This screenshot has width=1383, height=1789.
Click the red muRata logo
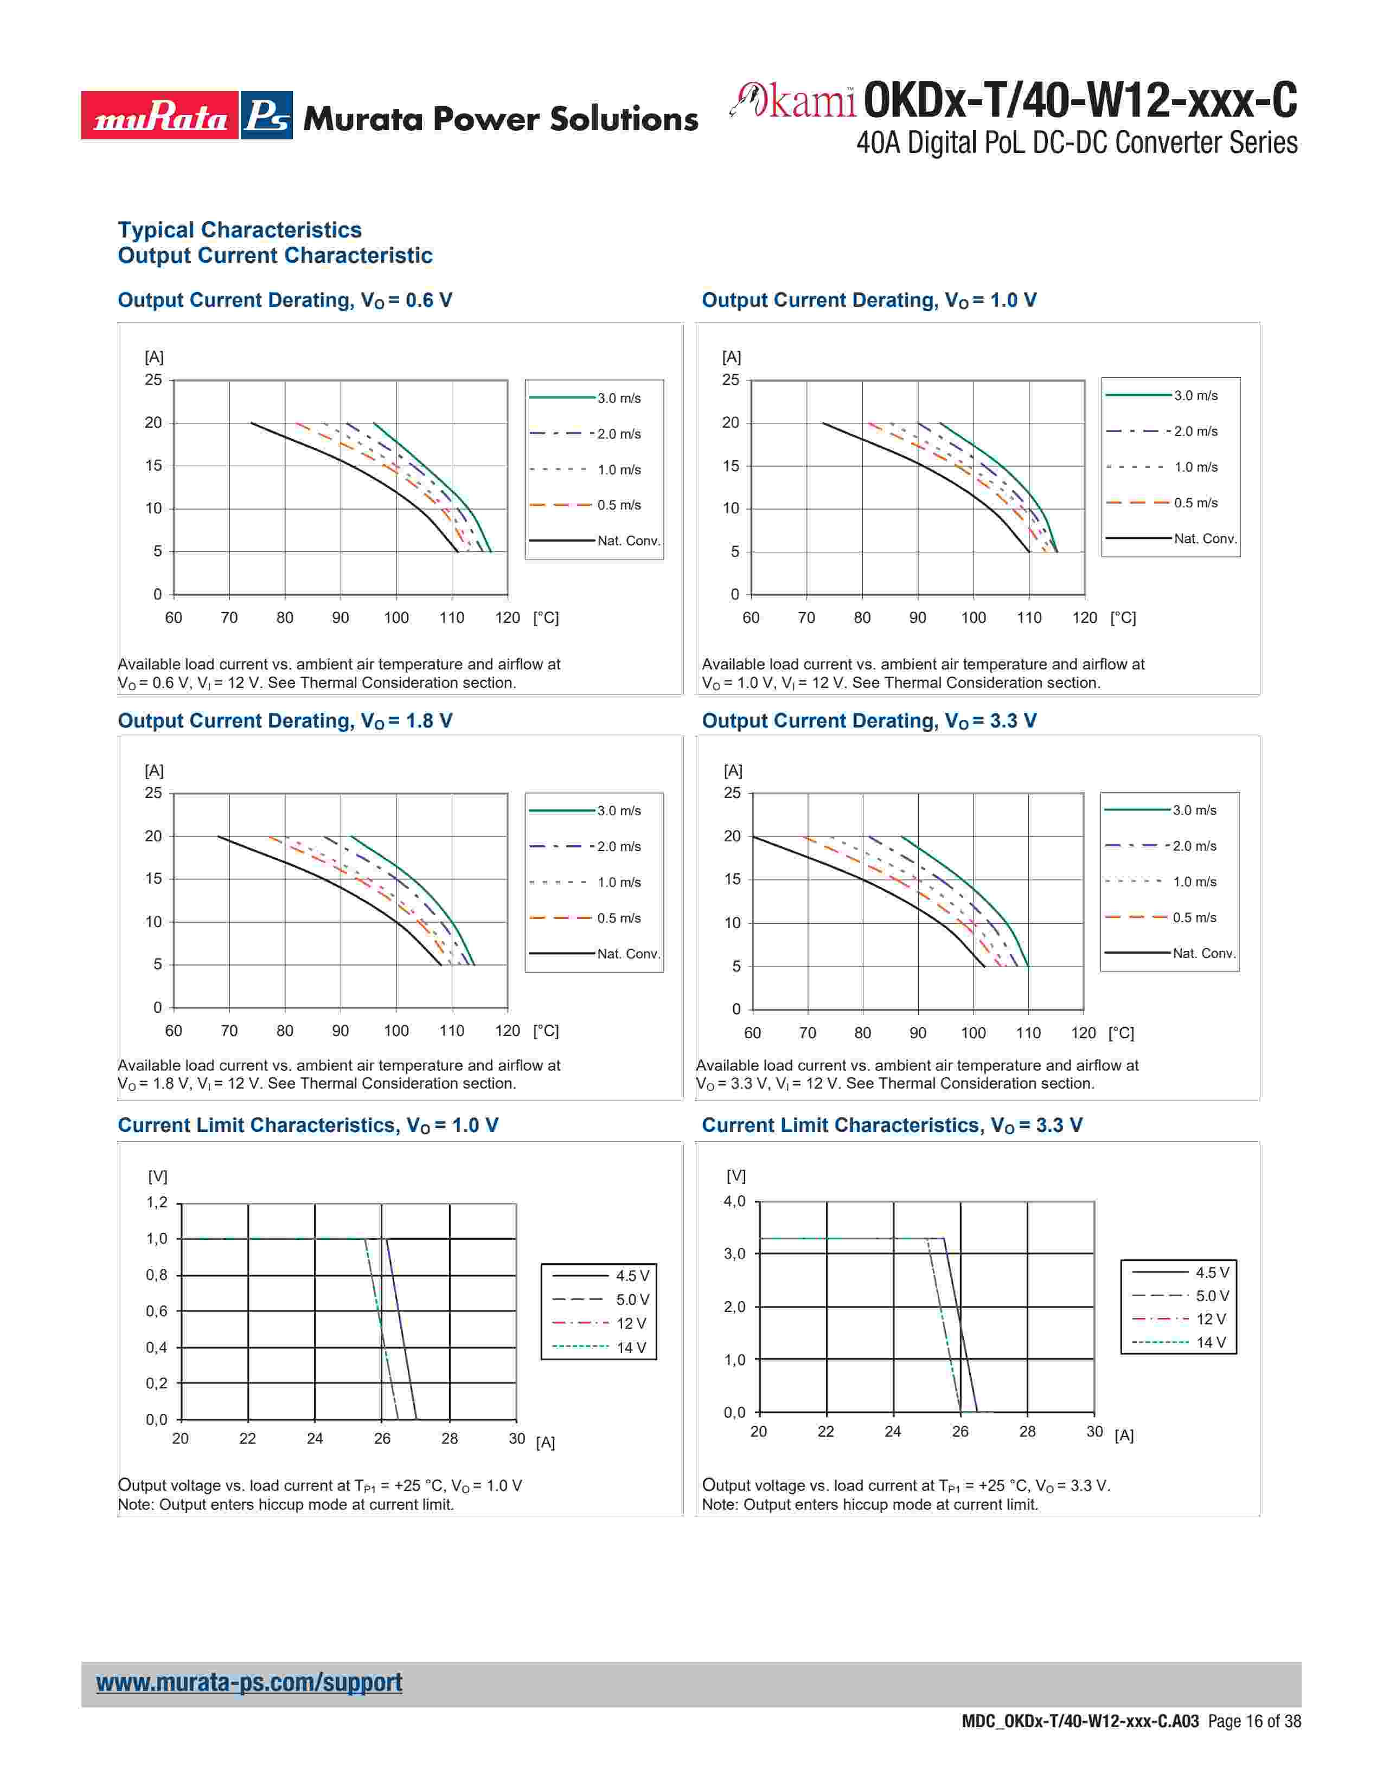pyautogui.click(x=160, y=115)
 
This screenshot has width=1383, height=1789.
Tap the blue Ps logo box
pyautogui.click(x=267, y=115)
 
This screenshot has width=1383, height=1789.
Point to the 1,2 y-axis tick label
pyautogui.click(x=157, y=1202)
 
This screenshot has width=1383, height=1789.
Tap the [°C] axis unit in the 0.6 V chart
pyautogui.click(x=546, y=617)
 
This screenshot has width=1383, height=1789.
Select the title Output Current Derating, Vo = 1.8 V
pyautogui.click(x=285, y=721)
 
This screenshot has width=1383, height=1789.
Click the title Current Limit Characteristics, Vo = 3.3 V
pyautogui.click(x=892, y=1125)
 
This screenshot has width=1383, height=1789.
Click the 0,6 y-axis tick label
pyautogui.click(x=157, y=1311)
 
